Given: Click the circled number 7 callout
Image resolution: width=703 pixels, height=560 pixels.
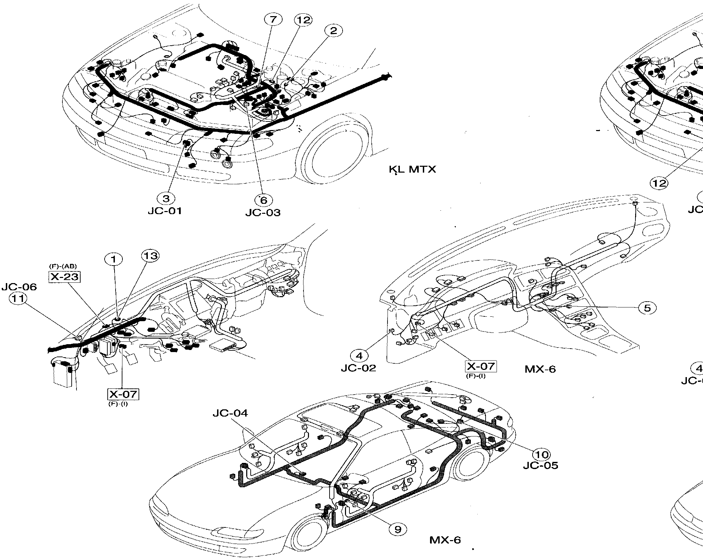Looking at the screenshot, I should [273, 20].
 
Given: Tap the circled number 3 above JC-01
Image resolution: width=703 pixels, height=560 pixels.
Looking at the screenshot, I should [166, 198].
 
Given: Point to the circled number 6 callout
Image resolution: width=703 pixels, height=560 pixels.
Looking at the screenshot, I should [263, 200].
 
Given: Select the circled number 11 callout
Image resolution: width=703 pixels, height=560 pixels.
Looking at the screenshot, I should [18, 299].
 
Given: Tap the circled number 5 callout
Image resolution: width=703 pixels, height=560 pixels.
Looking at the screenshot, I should [647, 308].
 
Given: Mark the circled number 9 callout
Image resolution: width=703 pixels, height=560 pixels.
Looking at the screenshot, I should [397, 529].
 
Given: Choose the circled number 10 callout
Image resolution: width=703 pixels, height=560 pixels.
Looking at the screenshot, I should [542, 455].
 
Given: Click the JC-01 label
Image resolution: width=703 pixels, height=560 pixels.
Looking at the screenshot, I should [165, 211].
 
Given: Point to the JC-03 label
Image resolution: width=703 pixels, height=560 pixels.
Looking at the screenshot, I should [263, 212].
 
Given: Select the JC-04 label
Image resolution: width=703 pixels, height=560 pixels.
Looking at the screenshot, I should [230, 413].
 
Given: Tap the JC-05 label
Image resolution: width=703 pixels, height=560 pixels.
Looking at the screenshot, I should [540, 466].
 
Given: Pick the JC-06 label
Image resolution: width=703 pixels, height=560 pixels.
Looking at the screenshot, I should [19, 287].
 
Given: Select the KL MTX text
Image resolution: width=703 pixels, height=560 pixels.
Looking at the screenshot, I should [413, 169].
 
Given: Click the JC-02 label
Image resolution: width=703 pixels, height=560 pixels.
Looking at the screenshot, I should [358, 368].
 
